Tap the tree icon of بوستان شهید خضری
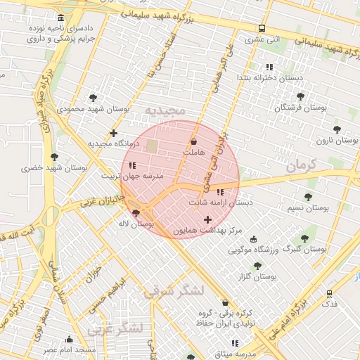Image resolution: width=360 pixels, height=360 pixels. pos(54,157)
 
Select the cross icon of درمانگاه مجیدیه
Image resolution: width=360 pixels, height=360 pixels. pos(113,133)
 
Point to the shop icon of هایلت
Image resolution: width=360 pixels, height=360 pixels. pos(193,141)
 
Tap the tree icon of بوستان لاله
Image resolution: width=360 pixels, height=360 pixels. pos(136,212)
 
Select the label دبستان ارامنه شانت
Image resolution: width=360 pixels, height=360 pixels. pos(220,202)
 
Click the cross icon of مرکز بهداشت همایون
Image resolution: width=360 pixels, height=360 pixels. pos(207,220)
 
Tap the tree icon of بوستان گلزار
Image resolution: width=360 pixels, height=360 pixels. pos(257,266)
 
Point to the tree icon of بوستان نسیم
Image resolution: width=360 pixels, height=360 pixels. pos(308,197)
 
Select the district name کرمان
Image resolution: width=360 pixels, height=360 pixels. pos(302,166)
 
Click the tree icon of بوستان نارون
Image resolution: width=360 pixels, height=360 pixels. pos(337,129)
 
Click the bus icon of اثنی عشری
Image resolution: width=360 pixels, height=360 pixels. pos(262,29)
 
